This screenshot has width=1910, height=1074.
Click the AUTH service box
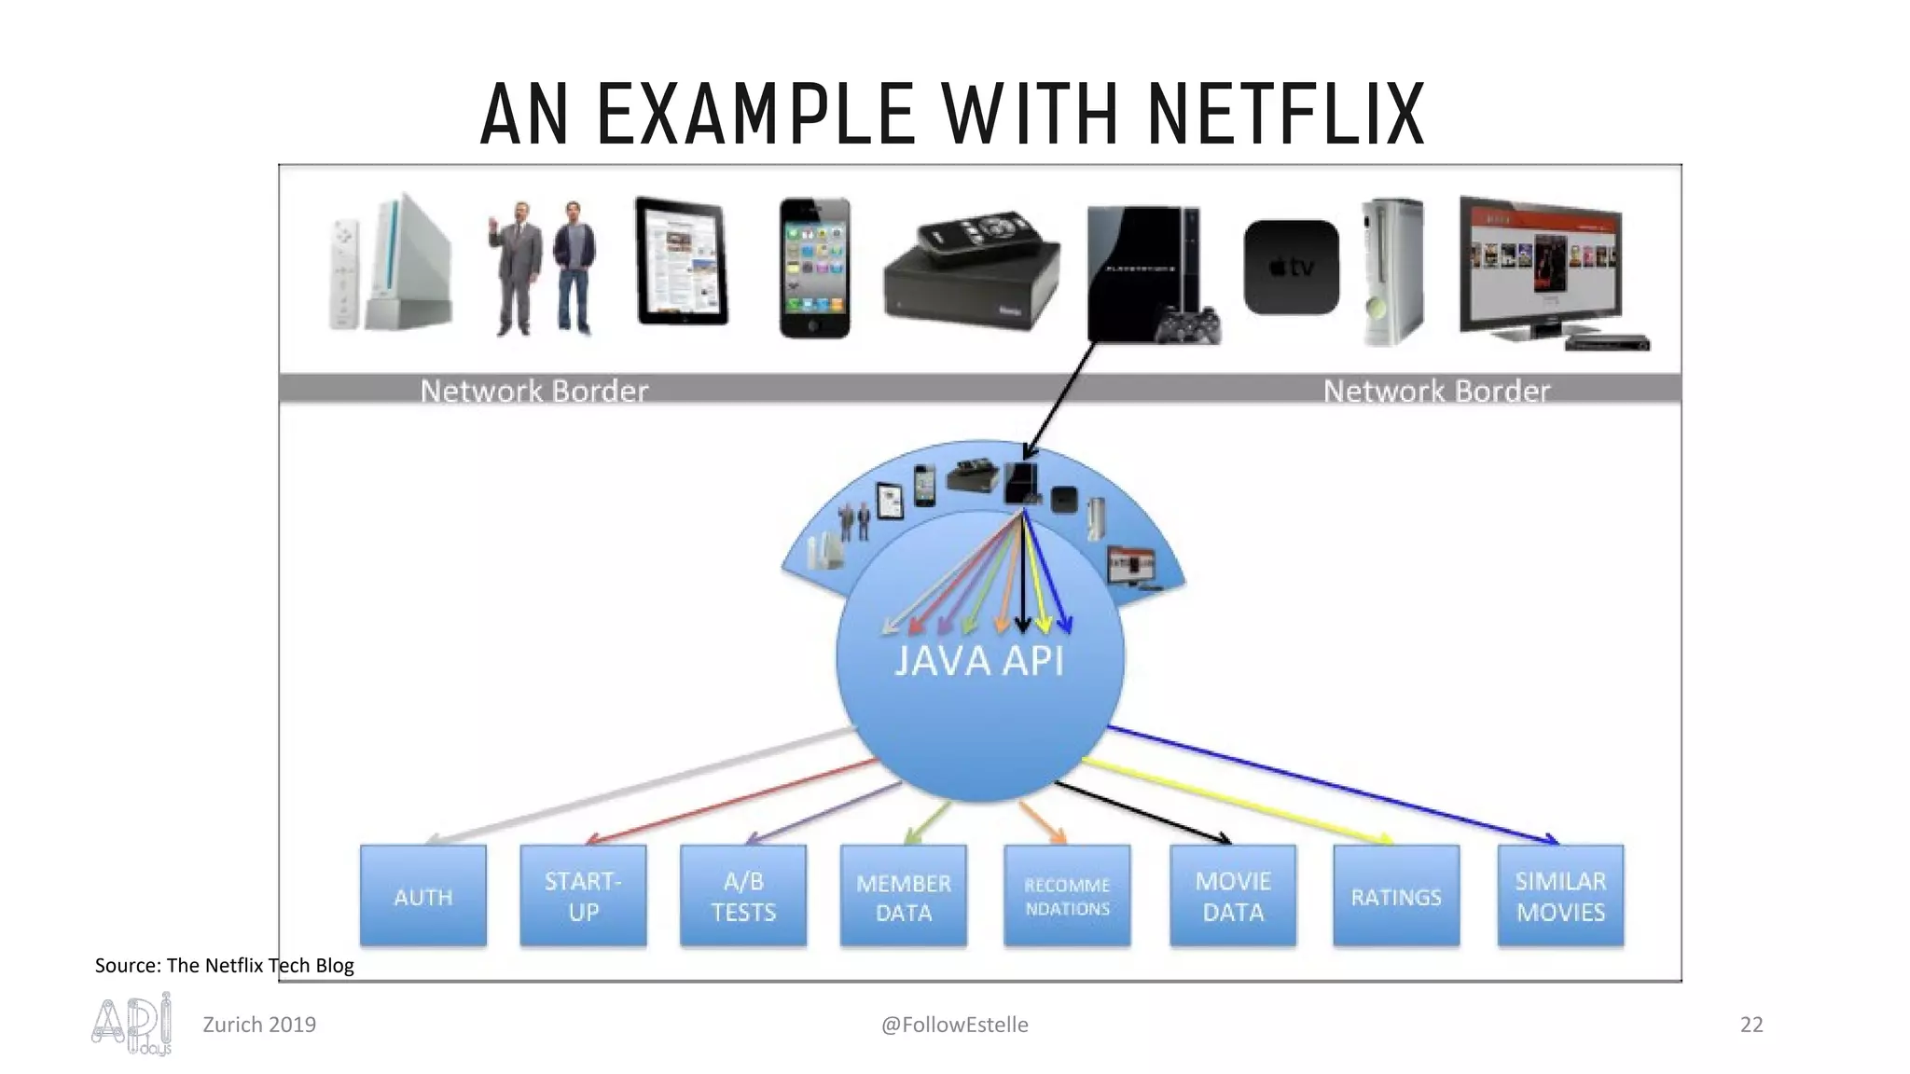pos(423,896)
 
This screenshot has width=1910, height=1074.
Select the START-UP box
pos(583,896)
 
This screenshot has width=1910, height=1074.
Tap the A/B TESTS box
pos(743,896)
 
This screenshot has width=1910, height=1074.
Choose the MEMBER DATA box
pos(903,896)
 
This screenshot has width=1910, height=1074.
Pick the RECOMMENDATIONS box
pos(1067,896)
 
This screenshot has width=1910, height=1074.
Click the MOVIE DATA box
pos(1233,896)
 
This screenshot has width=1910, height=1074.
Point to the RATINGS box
pos(1396,896)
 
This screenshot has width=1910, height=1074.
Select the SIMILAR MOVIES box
pos(1560,896)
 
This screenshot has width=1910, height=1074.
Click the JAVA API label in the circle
pos(978,661)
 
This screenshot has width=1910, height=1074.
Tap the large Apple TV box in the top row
pos(1291,268)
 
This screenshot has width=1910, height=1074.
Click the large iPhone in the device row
pos(814,268)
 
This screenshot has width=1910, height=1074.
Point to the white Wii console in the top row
pos(408,263)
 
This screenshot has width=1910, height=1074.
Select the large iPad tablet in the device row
pos(682,261)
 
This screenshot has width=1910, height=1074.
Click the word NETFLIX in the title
pos(1286,116)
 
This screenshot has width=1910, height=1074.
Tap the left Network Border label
pos(533,391)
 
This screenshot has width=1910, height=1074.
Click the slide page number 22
pos(1751,1025)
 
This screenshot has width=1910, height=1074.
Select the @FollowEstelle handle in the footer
pos(954,1025)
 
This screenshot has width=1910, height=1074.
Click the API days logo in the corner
pos(132,1024)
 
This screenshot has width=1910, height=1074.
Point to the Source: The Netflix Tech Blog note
pos(224,965)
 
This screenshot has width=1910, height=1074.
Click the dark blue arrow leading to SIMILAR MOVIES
pos(1334,784)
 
